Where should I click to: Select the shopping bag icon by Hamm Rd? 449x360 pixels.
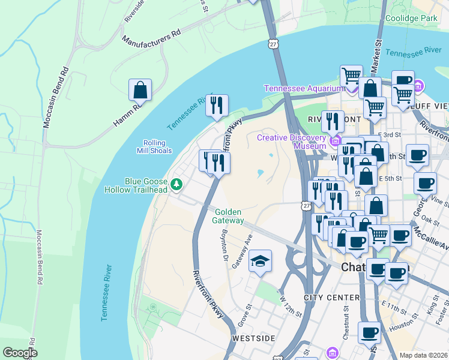(140, 91)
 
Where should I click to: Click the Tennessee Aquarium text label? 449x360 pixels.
(303, 89)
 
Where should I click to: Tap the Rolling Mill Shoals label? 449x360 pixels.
(158, 147)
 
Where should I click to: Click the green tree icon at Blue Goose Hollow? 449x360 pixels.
(176, 184)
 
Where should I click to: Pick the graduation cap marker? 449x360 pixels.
(260, 262)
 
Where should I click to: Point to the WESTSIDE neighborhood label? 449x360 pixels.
(253, 338)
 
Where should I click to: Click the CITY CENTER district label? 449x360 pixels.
(331, 298)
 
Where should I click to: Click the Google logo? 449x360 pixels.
(20, 353)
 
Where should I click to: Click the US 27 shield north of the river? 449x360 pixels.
(273, 44)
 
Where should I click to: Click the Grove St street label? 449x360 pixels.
(243, 317)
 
